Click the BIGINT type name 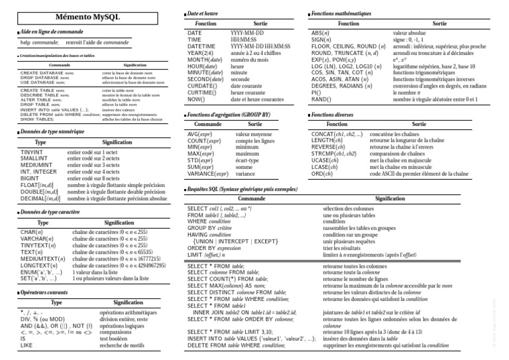30,179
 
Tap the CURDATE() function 205,86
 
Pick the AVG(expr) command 203,135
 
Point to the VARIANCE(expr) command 209,174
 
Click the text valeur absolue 413,32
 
